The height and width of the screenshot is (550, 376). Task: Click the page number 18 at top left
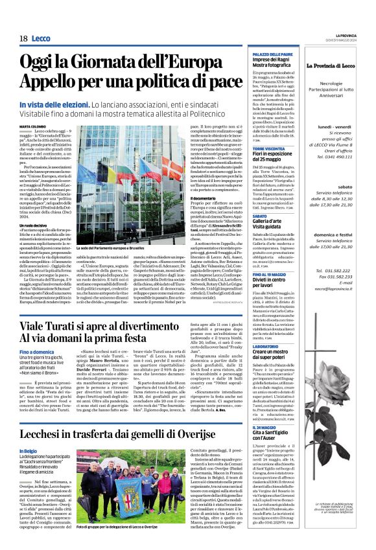(23, 39)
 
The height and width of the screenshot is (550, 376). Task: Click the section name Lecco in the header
(41, 39)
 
